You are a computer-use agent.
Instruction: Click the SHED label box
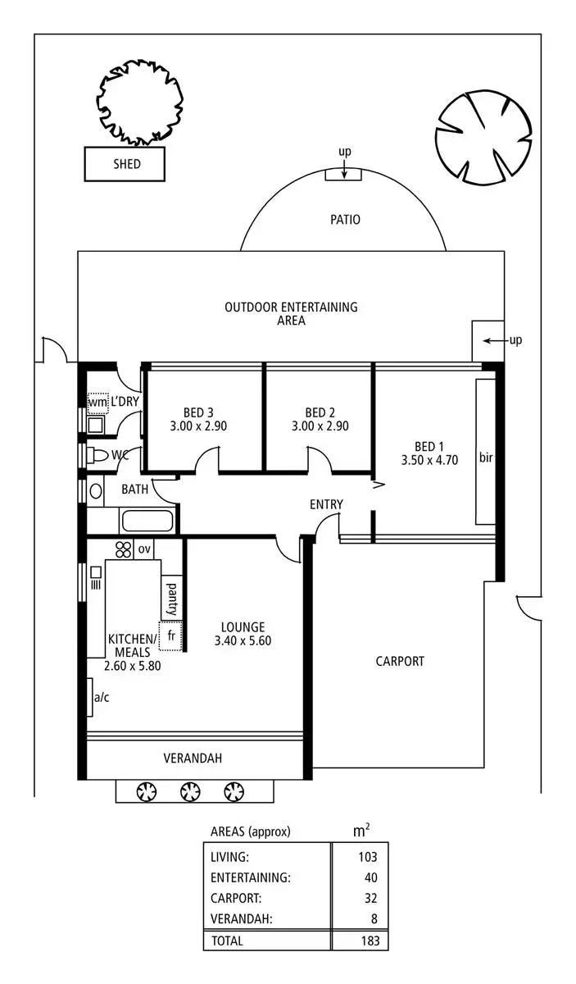pyautogui.click(x=126, y=164)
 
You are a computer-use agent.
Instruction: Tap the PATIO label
pyautogui.click(x=345, y=220)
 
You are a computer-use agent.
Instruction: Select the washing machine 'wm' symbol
pyautogui.click(x=98, y=403)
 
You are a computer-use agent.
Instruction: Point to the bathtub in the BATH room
pyautogui.click(x=147, y=522)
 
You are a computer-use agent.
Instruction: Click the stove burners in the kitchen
pyautogui.click(x=125, y=549)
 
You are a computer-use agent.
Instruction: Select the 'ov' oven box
pyautogui.click(x=145, y=549)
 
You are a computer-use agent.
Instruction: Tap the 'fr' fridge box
pyautogui.click(x=171, y=636)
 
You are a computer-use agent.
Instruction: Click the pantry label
pyautogui.click(x=172, y=599)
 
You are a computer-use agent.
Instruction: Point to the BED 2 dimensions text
pyautogui.click(x=320, y=426)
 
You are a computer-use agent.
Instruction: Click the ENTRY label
pyautogui.click(x=326, y=504)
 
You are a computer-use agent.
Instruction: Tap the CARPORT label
pyautogui.click(x=400, y=661)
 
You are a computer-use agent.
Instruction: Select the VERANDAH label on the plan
pyautogui.click(x=193, y=758)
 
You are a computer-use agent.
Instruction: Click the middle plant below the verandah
pyautogui.click(x=190, y=791)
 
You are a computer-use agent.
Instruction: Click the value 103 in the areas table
pyautogui.click(x=368, y=858)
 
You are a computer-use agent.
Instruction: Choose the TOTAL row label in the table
pyautogui.click(x=227, y=941)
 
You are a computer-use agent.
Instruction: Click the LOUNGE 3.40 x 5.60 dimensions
pyautogui.click(x=243, y=640)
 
